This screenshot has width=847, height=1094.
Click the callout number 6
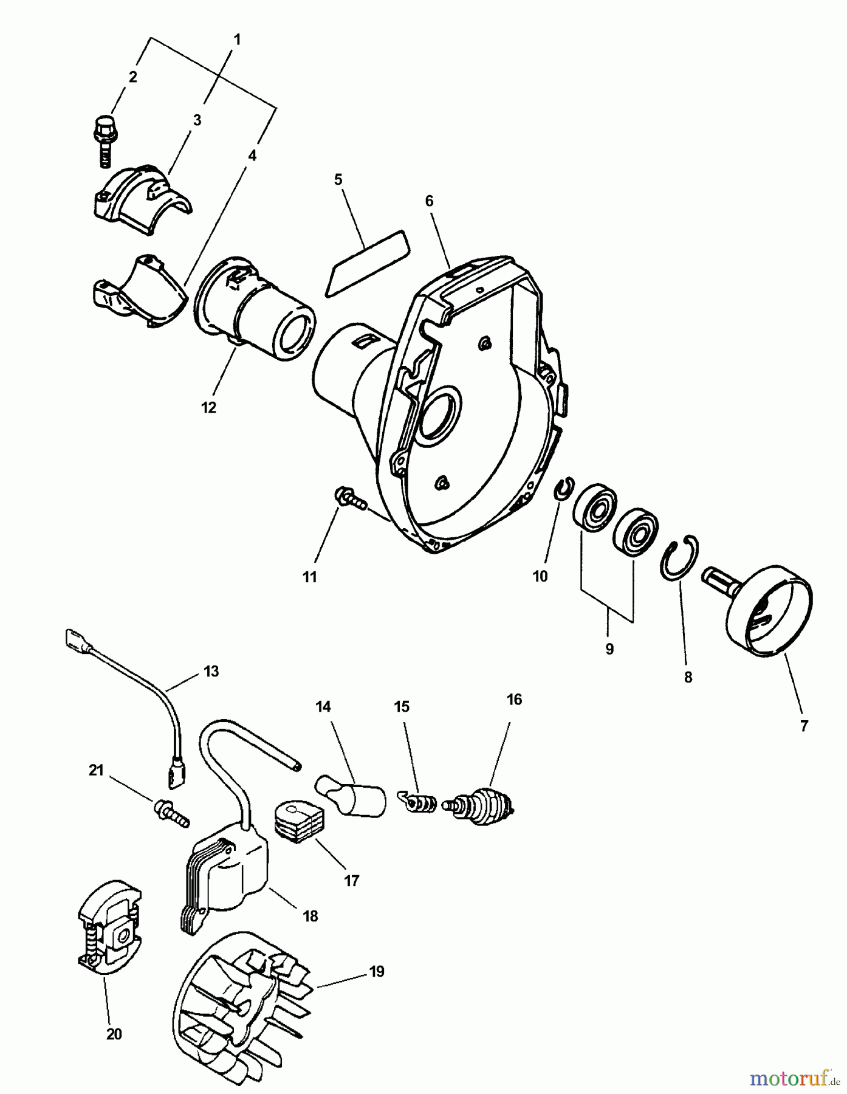[429, 201]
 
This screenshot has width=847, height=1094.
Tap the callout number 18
[310, 916]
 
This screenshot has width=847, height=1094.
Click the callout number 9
[609, 649]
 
